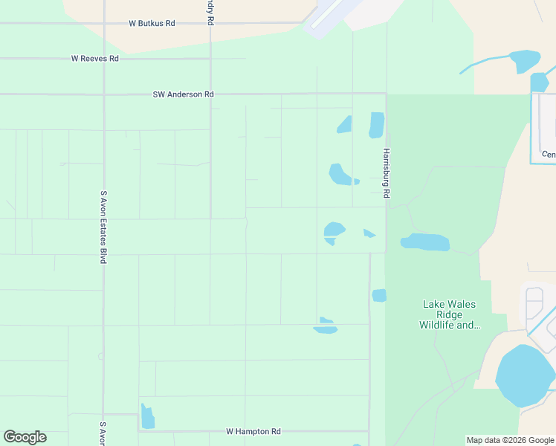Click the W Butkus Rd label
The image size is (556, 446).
pyautogui.click(x=152, y=23)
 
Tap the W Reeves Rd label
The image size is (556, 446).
pyautogui.click(x=94, y=58)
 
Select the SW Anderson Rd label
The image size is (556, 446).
pyautogui.click(x=183, y=94)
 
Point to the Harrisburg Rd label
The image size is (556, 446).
pyautogui.click(x=387, y=173)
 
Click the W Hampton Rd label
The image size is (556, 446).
pyautogui.click(x=253, y=431)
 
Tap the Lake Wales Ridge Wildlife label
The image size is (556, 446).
pyautogui.click(x=449, y=314)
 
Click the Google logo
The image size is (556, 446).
pyautogui.click(x=25, y=437)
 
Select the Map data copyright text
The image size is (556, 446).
pyautogui.click(x=511, y=440)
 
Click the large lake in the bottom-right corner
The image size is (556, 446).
pyautogui.click(x=523, y=376)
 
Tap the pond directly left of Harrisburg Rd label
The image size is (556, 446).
pyautogui.click(x=341, y=175)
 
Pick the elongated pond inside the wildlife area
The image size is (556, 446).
pyautogui.click(x=425, y=242)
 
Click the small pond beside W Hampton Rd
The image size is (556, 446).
pyautogui.click(x=147, y=417)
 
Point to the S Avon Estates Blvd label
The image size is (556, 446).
pyautogui.click(x=103, y=227)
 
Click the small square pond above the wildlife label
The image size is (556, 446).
pyautogui.click(x=379, y=295)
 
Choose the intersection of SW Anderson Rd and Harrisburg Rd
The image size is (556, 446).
pyautogui.click(x=386, y=94)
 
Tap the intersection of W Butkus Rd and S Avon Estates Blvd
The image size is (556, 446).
pyautogui.click(x=104, y=23)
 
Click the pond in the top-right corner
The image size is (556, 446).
pyautogui.click(x=525, y=61)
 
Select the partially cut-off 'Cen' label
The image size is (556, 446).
pyautogui.click(x=549, y=155)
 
